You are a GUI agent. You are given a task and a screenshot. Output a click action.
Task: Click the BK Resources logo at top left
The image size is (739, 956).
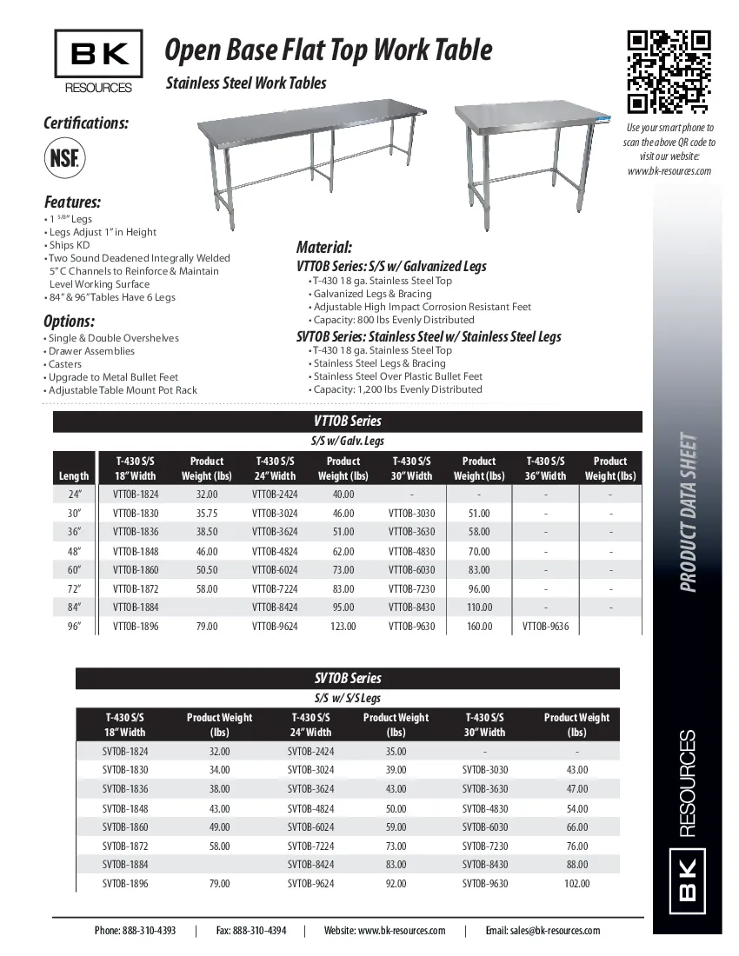[98, 61]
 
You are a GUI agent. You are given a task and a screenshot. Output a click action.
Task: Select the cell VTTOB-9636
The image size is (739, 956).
[545, 626]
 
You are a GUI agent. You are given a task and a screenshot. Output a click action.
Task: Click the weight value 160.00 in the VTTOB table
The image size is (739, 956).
[479, 626]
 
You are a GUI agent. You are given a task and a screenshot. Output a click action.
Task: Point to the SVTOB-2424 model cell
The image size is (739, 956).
[310, 752]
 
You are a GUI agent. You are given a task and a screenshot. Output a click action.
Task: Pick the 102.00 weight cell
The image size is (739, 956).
[576, 884]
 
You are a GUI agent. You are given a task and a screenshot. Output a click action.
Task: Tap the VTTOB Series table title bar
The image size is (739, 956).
[348, 422]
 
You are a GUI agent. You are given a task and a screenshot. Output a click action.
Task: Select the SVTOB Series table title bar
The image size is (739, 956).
[348, 678]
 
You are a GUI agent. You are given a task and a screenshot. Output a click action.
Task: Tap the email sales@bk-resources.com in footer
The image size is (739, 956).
[543, 930]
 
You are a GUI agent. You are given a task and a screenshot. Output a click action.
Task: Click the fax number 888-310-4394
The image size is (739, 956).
[251, 930]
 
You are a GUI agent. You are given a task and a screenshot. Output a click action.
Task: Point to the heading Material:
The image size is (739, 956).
[323, 248]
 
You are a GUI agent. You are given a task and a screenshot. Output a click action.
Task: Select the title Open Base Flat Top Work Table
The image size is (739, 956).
[329, 51]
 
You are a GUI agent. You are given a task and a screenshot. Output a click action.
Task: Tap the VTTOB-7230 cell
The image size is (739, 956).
[411, 588]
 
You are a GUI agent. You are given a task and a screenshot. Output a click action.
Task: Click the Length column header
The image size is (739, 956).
[74, 475]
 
